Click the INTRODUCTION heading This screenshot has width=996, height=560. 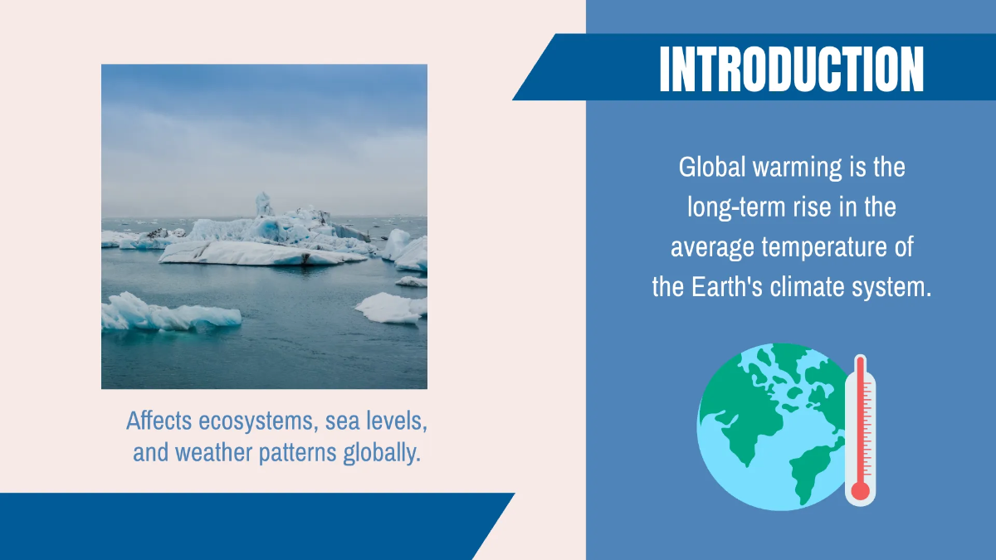(x=791, y=69)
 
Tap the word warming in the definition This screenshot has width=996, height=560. (x=798, y=168)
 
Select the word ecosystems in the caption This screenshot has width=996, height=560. (x=259, y=421)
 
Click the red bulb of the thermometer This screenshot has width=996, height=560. (x=861, y=490)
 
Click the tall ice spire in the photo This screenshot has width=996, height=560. (x=263, y=203)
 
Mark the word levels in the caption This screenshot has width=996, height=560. (x=397, y=421)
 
